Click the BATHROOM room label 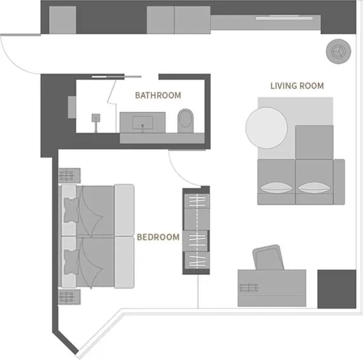(158, 96)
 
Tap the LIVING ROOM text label (297, 86)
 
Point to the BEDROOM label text (158, 237)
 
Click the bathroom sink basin (142, 121)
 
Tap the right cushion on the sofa (314, 188)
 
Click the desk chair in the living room (268, 257)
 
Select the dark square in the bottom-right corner (336, 289)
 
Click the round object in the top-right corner (337, 51)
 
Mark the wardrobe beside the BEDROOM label (196, 231)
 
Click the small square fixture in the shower (96, 117)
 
